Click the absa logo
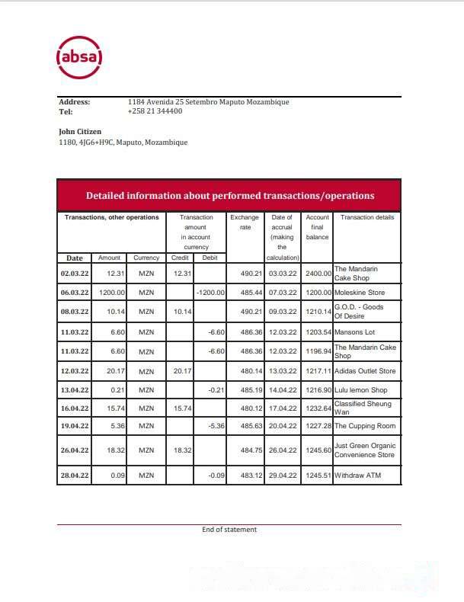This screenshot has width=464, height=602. tap(79, 56)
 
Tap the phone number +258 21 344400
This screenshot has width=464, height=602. tap(155, 111)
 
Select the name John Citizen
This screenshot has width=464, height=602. tap(80, 132)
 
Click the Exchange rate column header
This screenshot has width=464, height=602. tap(245, 222)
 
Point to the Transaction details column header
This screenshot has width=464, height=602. tap(367, 217)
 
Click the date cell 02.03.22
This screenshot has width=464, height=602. tap(75, 273)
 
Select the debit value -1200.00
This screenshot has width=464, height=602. tap(210, 293)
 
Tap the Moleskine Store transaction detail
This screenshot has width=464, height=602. tap(360, 293)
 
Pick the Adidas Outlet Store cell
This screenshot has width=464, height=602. tap(365, 371)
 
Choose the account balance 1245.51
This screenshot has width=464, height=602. tap(317, 476)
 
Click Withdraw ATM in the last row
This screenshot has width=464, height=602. tap(357, 476)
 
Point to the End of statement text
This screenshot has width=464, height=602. tap(229, 530)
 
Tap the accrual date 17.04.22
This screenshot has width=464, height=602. tap(283, 408)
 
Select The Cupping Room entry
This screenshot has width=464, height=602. tap(365, 425)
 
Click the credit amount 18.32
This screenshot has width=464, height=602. tap(181, 450)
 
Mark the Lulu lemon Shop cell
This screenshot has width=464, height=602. tap(361, 390)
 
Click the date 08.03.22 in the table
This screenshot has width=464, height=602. tap(75, 312)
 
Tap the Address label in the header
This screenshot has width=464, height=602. tap(75, 102)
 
